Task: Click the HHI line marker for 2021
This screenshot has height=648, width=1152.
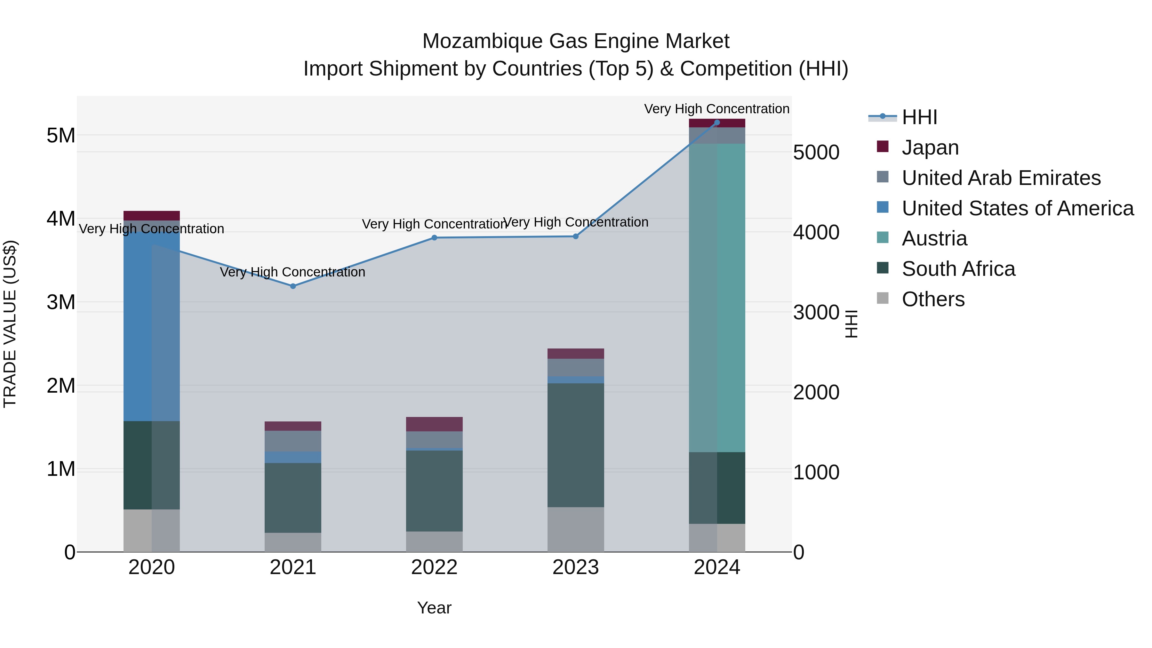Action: tap(293, 286)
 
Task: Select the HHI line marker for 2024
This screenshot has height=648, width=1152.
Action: tap(717, 123)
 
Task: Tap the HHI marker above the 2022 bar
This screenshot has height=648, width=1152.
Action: tap(434, 238)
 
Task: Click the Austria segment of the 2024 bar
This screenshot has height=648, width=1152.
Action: tap(717, 297)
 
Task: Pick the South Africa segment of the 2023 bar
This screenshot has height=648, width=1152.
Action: tap(576, 445)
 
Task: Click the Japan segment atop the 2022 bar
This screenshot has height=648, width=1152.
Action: tap(434, 424)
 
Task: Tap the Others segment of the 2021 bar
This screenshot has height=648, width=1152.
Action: tap(293, 542)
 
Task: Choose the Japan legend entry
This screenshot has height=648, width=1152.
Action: tap(930, 148)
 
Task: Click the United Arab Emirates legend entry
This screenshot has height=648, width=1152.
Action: tap(1001, 178)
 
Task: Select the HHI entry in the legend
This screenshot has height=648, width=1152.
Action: tap(919, 117)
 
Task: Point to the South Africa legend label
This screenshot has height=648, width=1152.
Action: tap(958, 269)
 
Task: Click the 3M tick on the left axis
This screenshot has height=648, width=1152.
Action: tap(61, 302)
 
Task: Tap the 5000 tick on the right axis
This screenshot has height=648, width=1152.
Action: tap(816, 153)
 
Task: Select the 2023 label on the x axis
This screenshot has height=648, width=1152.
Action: tap(576, 567)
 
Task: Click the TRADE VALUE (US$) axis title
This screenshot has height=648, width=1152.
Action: tap(10, 324)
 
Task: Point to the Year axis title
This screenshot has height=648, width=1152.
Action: tap(434, 608)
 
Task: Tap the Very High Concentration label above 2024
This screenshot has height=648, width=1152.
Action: tap(716, 109)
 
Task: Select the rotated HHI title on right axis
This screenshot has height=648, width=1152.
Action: tap(851, 324)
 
